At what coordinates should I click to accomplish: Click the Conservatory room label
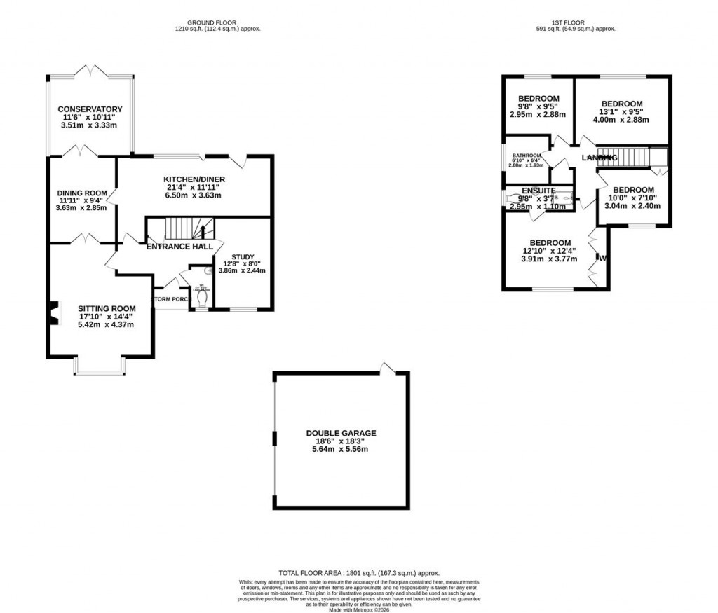tap(90, 109)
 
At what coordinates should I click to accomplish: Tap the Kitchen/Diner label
tap(191, 179)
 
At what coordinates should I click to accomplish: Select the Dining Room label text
tap(81, 193)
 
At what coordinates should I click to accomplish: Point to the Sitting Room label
tap(106, 308)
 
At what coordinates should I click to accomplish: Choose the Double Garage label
tap(341, 434)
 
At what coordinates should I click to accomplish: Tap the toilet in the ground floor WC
tap(203, 298)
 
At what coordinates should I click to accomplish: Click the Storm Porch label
tap(171, 299)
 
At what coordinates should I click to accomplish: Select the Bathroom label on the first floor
tap(526, 156)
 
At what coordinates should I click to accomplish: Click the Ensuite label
tap(538, 191)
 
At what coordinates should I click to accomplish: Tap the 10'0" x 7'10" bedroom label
tap(633, 190)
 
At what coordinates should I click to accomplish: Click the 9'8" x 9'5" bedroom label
tap(538, 98)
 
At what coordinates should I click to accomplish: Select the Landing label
tap(600, 158)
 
